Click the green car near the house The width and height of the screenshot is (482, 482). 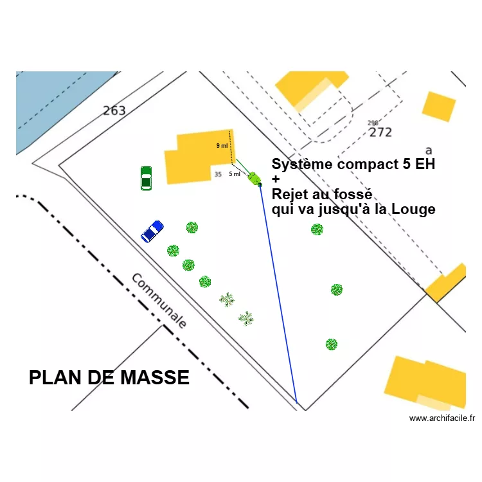pyautogui.click(x=146, y=178)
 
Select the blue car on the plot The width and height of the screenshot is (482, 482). pyautogui.click(x=152, y=231)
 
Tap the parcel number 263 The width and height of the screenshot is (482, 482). pyautogui.click(x=114, y=111)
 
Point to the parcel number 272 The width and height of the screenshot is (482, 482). pyautogui.click(x=380, y=132)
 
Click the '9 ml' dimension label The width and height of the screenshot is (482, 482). pyautogui.click(x=222, y=146)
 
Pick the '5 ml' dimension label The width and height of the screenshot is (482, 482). pyautogui.click(x=235, y=174)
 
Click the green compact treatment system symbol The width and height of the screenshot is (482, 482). pyautogui.click(x=254, y=178)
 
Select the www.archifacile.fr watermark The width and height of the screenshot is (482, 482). pyautogui.click(x=442, y=418)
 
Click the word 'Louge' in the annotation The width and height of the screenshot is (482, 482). pyautogui.click(x=415, y=209)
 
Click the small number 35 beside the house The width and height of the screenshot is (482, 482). pyautogui.click(x=218, y=174)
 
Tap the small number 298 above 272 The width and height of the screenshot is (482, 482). pyautogui.click(x=373, y=123)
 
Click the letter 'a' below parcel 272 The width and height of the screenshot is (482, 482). pyautogui.click(x=429, y=150)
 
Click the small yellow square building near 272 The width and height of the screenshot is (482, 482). pyautogui.click(x=439, y=107)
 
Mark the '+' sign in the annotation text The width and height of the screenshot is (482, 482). pyautogui.click(x=276, y=179)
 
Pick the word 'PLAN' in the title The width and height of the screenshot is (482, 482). pyautogui.click(x=53, y=378)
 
